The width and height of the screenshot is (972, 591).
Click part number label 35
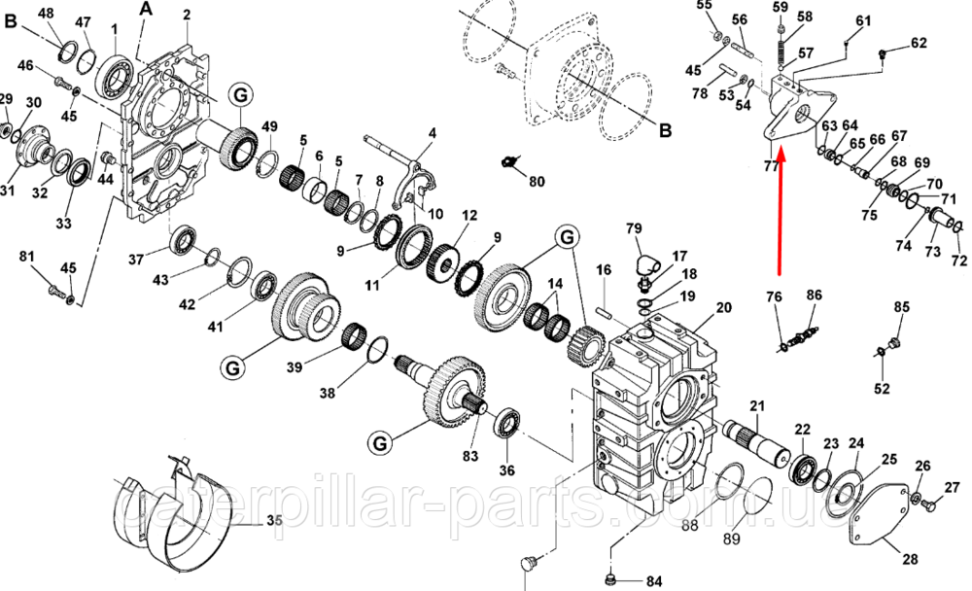coord(274,520)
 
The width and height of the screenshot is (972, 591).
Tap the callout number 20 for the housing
coord(723,307)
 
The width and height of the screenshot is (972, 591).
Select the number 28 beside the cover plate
coord(910,559)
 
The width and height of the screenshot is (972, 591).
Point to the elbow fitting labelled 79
coord(641,267)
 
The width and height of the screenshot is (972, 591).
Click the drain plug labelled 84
coord(610,580)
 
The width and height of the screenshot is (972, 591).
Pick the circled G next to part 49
coord(240,95)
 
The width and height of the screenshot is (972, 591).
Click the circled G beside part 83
coord(379,443)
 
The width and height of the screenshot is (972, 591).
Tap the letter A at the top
coord(146,9)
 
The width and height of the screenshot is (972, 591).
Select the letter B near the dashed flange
coord(665,131)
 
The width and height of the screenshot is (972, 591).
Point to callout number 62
coord(919,43)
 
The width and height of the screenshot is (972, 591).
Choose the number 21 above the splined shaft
coord(757,406)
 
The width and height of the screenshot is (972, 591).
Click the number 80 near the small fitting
coord(537,182)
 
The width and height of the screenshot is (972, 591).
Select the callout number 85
coord(901,307)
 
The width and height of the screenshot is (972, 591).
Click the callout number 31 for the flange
coord(7,190)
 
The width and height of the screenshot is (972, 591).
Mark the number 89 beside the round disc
coord(732,539)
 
